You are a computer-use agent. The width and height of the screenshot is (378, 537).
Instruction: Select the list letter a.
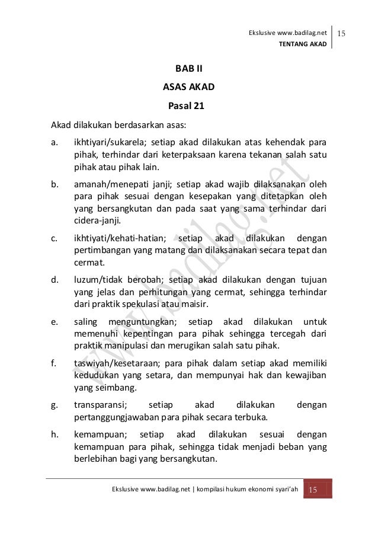pyautogui.click(x=54, y=143)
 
